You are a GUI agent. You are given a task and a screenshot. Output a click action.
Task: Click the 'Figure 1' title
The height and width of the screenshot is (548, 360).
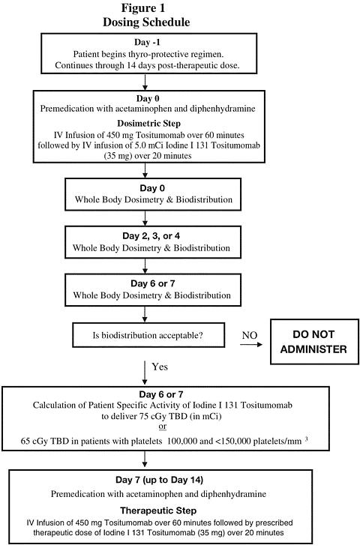pos(143,8)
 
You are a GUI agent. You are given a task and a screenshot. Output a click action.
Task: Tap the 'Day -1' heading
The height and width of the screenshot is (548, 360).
pos(147,42)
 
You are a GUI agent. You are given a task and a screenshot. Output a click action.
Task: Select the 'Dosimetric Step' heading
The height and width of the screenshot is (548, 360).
pos(149,124)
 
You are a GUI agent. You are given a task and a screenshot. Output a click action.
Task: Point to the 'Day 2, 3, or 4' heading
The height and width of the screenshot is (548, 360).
pos(151,236)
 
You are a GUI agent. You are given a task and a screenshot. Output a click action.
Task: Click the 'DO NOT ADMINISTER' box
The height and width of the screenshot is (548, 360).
pos(314,341)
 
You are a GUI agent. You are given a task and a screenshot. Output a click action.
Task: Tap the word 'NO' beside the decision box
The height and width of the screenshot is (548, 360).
pos(250,335)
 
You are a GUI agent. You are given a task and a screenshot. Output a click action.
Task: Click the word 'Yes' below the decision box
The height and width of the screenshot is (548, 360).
pos(160,367)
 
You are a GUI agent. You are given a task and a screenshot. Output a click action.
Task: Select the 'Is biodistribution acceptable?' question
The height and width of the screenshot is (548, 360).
pos(148,336)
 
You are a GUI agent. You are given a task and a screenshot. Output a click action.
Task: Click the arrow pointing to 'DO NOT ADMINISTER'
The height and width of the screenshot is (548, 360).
pos(251,345)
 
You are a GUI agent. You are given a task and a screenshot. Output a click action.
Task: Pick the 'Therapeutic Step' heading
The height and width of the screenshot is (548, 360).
pos(158,511)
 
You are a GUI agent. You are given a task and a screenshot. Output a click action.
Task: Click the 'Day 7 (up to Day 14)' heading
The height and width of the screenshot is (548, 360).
pos(160,480)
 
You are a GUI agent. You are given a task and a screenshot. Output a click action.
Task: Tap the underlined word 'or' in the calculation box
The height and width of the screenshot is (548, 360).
pos(163,427)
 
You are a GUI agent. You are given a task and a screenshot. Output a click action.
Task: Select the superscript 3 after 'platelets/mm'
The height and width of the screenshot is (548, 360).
pos(307,439)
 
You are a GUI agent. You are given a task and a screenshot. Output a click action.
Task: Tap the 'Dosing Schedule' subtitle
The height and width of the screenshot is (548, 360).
pos(146,22)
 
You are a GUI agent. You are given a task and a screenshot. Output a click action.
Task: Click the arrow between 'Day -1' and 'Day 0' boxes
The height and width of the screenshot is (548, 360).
pos(145,82)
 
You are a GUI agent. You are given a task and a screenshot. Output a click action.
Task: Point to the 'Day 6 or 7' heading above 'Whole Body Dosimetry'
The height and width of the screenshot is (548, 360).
pos(153,283)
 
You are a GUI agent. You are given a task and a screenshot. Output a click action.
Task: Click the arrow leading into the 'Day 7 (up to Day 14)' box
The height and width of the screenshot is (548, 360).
pos(145,460)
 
